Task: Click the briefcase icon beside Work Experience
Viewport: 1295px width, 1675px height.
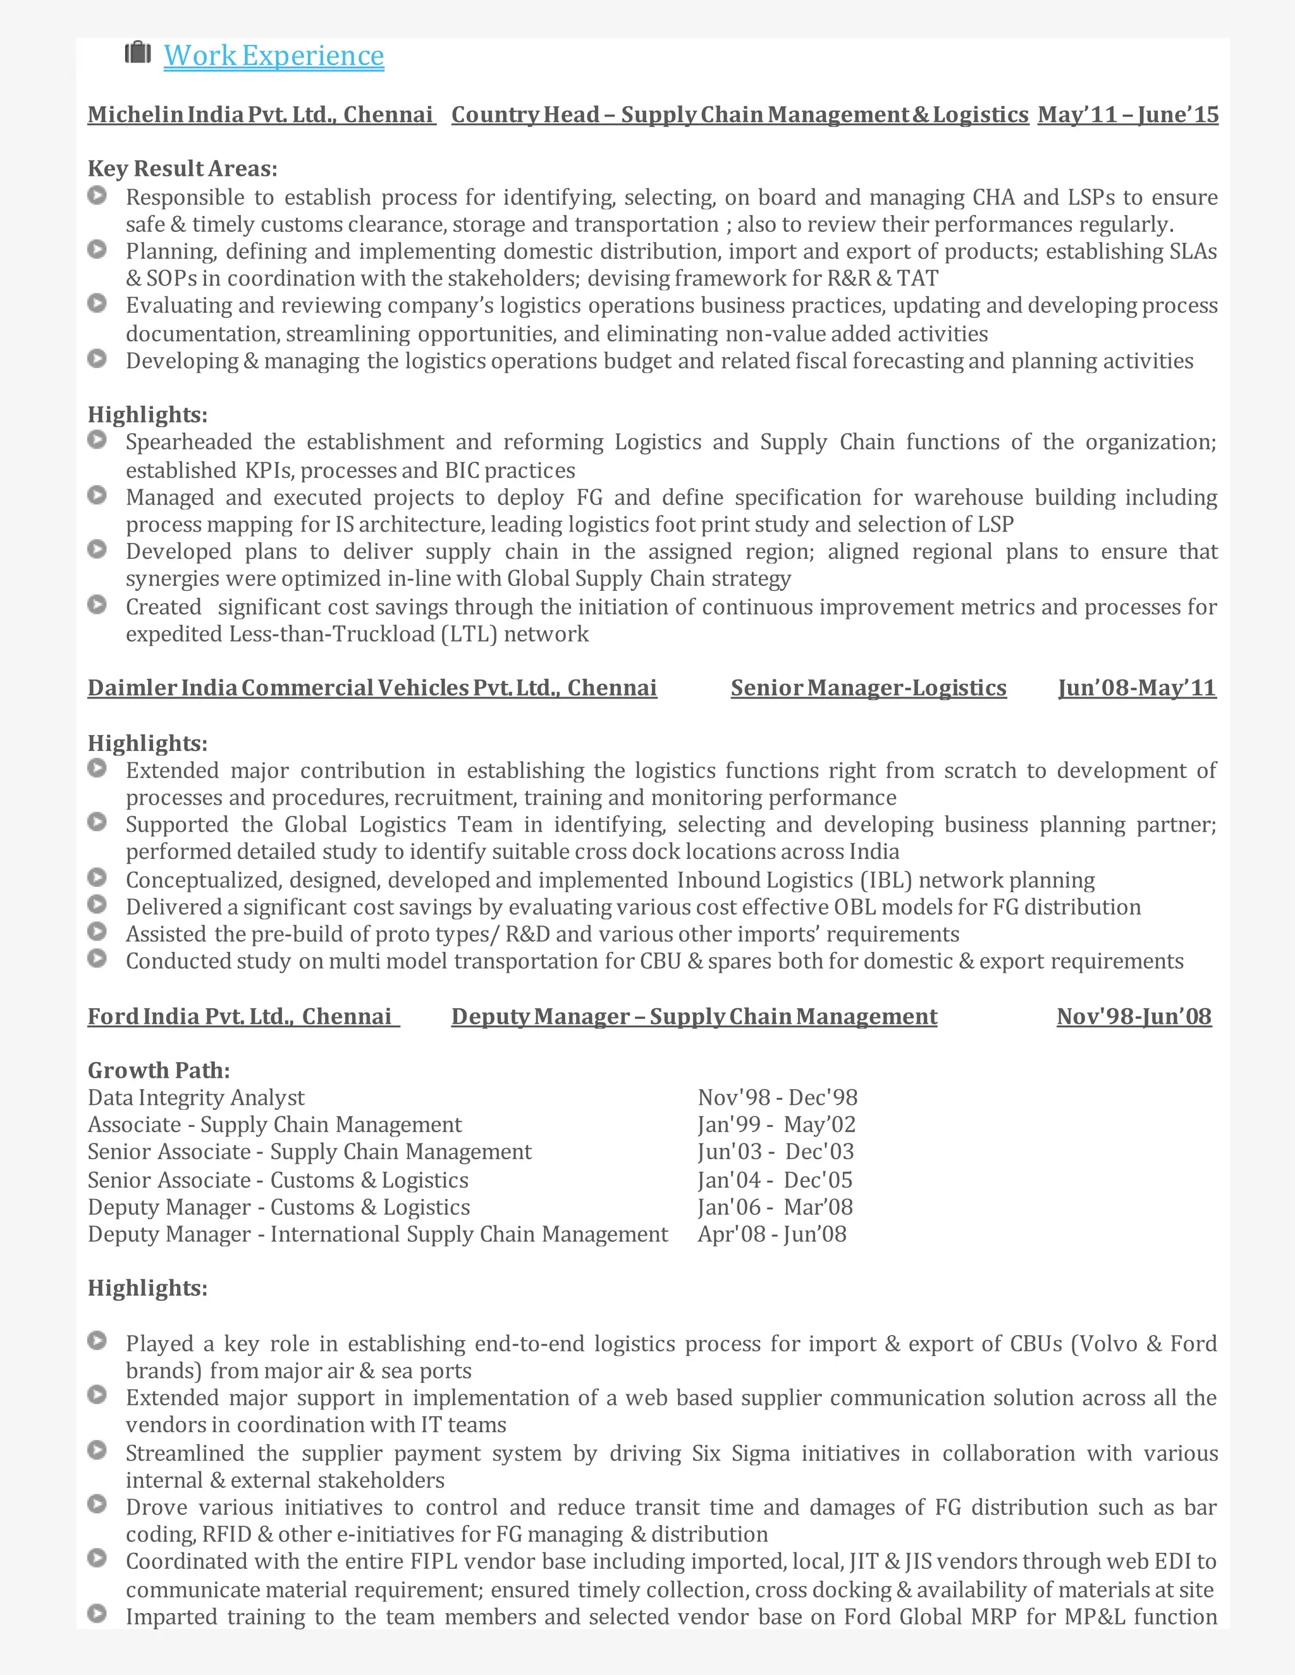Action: pyautogui.click(x=138, y=53)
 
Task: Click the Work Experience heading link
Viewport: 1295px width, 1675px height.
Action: pyautogui.click(x=274, y=56)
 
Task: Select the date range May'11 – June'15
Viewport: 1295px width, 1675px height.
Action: pyautogui.click(x=1128, y=115)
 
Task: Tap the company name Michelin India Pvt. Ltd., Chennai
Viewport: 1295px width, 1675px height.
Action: pyautogui.click(x=261, y=115)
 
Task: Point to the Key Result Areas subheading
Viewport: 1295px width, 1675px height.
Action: pyautogui.click(x=183, y=169)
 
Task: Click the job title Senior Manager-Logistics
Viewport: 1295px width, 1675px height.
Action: pyautogui.click(x=868, y=688)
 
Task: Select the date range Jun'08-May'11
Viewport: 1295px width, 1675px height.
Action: pyautogui.click(x=1137, y=688)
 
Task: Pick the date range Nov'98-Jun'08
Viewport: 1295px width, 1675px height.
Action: pyautogui.click(x=1134, y=1017)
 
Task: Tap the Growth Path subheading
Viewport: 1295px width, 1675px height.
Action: pyautogui.click(x=159, y=1071)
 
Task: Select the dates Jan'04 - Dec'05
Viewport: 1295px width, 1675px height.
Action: pyautogui.click(x=775, y=1180)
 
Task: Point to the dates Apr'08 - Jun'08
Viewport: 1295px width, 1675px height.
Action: pyautogui.click(x=772, y=1234)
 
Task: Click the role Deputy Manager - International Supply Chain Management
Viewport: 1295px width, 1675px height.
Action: pyautogui.click(x=377, y=1234)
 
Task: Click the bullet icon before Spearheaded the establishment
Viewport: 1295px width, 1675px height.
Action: pyautogui.click(x=97, y=440)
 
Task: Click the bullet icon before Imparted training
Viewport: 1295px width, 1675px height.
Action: pyautogui.click(x=97, y=1614)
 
